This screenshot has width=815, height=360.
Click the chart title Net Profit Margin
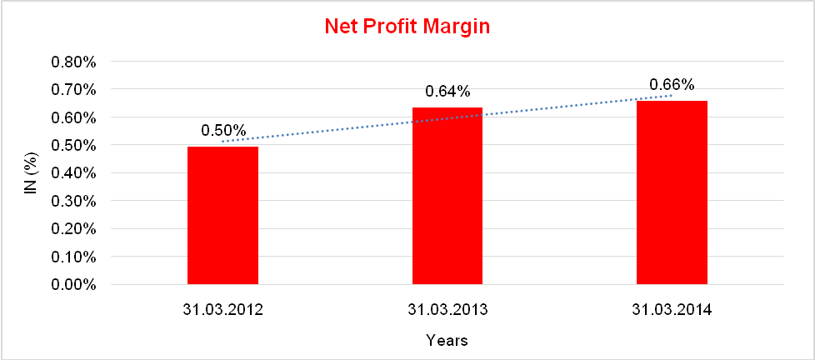click(407, 27)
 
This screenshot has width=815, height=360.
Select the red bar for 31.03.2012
click(222, 215)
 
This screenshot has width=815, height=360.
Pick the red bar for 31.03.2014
click(672, 192)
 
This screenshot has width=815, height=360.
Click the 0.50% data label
click(223, 131)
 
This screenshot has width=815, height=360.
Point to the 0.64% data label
click(447, 92)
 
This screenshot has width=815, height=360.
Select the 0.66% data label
click(672, 85)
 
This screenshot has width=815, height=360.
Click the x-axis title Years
click(447, 340)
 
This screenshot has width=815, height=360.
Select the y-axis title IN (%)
click(31, 173)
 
